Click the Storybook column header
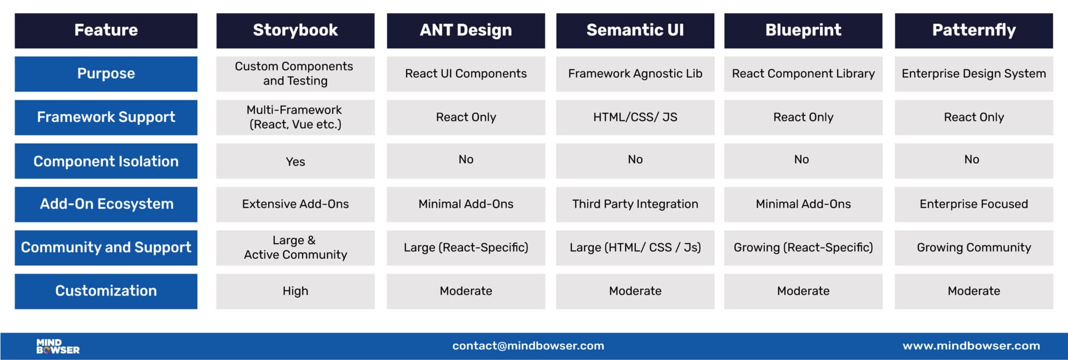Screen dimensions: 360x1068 (x=295, y=30)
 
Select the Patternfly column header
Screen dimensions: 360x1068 (x=973, y=30)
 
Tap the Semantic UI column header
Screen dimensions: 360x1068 (x=635, y=30)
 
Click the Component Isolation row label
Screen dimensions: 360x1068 (x=106, y=161)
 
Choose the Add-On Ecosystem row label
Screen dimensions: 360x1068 (x=106, y=204)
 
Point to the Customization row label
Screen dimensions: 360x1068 (x=106, y=291)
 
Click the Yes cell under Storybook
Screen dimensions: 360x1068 (x=295, y=161)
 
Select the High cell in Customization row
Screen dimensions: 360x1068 (x=295, y=291)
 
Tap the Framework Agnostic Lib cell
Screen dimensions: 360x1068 (x=635, y=73)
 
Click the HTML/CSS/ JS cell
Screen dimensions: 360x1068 (x=635, y=117)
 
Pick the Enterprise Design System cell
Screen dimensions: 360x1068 (x=973, y=73)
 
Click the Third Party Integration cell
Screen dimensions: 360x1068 (x=635, y=204)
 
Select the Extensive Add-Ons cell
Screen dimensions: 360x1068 (x=295, y=204)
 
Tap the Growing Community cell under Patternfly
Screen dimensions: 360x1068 (x=973, y=248)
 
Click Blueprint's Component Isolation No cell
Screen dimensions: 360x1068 (x=803, y=160)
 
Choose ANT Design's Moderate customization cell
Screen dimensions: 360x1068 (x=466, y=291)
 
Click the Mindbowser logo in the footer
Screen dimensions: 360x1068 (x=58, y=346)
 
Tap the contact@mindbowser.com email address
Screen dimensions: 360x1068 (x=528, y=346)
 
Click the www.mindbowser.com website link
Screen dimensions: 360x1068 (x=971, y=346)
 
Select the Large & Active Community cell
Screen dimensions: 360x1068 (x=295, y=248)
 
